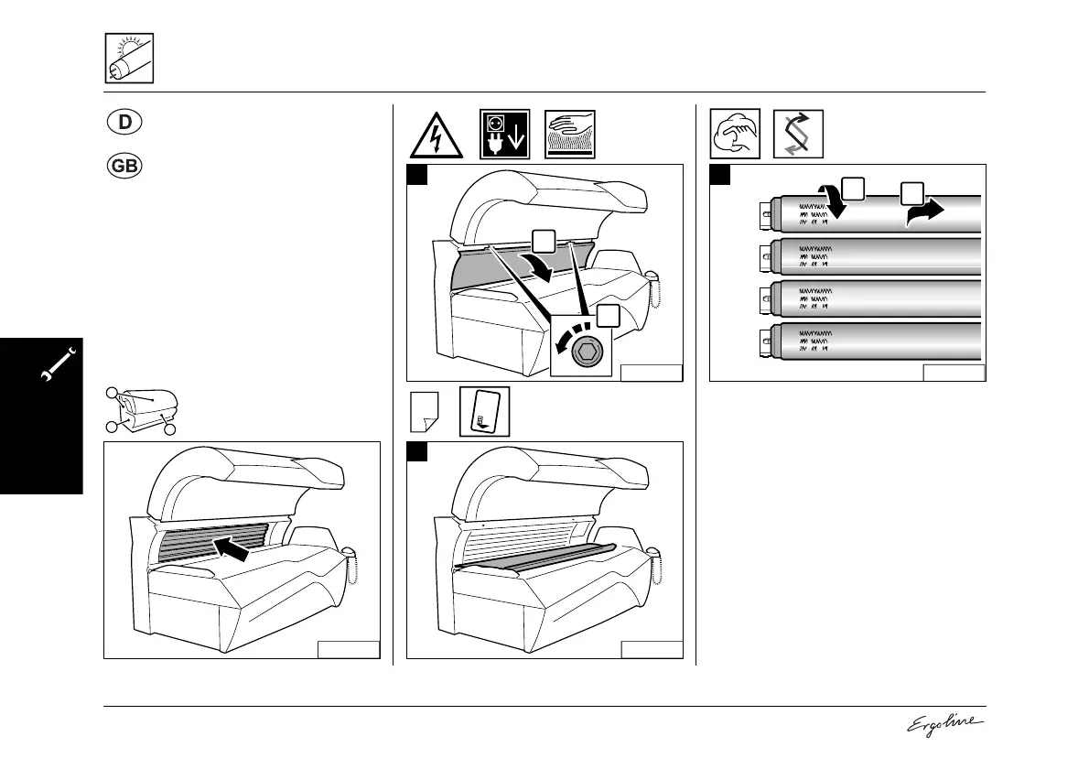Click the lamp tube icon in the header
128,58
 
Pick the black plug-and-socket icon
504,135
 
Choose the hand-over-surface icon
570,135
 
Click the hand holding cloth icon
736,135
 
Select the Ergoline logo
944,724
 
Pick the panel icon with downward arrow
484,412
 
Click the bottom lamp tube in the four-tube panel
874,342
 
